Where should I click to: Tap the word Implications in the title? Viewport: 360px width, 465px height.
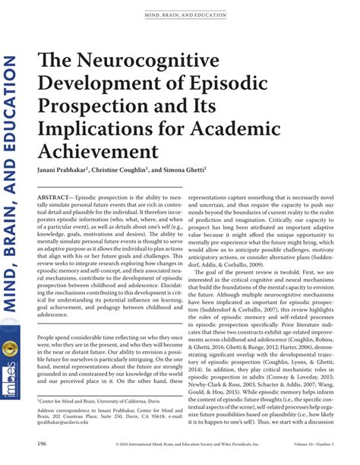pos(90,123)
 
